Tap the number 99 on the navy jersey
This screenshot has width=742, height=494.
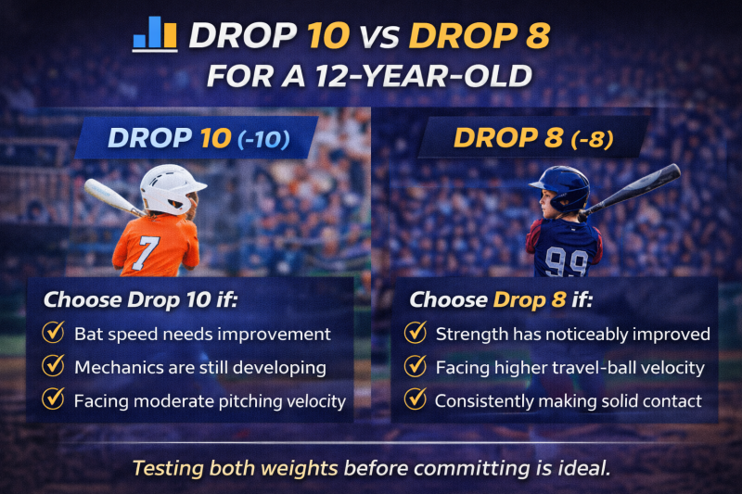coord(565,263)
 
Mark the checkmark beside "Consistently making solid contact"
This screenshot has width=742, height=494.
coord(416,400)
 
